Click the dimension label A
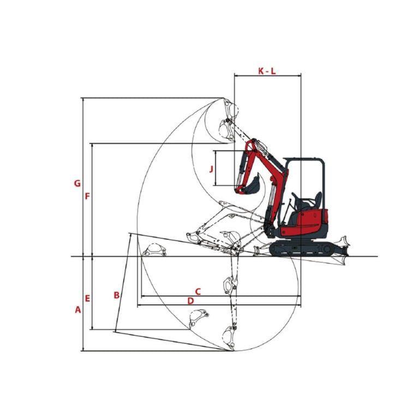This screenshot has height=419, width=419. pos(78,310)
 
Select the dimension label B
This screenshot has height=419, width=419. pos(117,295)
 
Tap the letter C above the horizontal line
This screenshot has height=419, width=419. pos(197,291)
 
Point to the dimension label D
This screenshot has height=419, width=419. pos(190,301)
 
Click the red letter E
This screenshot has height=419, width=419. pos(87,298)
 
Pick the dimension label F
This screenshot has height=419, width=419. pos(87,196)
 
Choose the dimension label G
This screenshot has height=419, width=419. pos(77,183)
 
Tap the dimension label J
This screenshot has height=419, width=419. pos(211,169)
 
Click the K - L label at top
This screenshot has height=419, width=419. pos(267,71)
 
